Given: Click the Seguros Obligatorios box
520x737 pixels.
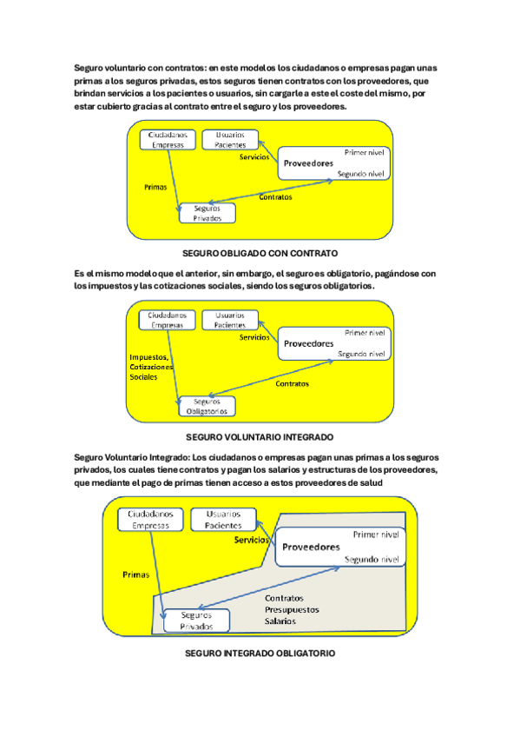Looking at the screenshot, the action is pos(207,406).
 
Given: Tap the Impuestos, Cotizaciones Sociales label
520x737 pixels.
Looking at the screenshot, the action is pos(151,367).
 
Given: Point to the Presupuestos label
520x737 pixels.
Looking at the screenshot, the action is pos(292,609).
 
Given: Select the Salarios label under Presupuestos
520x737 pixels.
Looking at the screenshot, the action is pos(280,621).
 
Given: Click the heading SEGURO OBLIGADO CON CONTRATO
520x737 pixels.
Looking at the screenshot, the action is pos(260,254).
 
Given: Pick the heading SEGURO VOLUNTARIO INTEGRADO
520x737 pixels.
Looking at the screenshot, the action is pos(260,437).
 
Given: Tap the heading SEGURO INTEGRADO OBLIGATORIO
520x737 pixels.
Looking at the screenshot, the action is pos(260,654).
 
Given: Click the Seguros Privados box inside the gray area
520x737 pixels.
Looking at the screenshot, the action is pos(197,621).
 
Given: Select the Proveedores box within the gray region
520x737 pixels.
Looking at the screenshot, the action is pos(340,548).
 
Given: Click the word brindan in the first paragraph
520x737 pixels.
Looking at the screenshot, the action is pos(89,94).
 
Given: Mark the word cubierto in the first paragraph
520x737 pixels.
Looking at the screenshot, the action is pos(114,107).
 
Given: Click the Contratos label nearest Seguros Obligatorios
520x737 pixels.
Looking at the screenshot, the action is pos(292,384).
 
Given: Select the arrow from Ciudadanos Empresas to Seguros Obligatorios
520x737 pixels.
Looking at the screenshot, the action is pos(173,367).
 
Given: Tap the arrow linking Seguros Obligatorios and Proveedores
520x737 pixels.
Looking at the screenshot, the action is pos(270,378).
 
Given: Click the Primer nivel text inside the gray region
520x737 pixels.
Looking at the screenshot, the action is pos(376,534).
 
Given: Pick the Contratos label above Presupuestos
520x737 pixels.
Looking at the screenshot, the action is pos(284,598).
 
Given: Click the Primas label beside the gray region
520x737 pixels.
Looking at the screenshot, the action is pos(135,574).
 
